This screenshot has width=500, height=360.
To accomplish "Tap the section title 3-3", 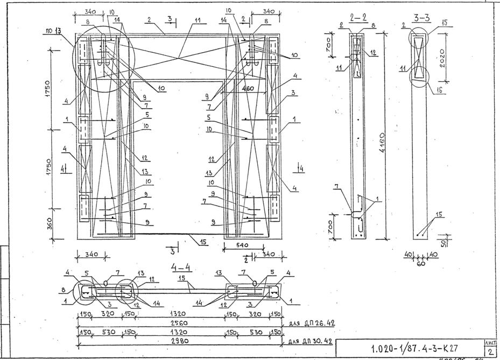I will pyautogui.click(x=421, y=18).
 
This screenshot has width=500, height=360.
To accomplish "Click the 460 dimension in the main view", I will pyautogui.click(x=248, y=88).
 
